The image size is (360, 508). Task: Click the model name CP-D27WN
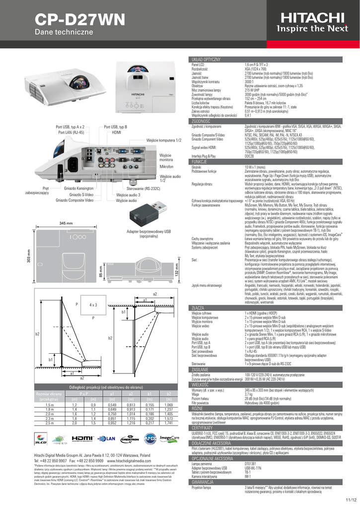click(x=72, y=20)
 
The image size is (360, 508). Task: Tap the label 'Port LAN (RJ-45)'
click(x=71, y=132)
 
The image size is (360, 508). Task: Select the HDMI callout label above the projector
click(x=117, y=132)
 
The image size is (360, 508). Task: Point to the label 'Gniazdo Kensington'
click(x=79, y=189)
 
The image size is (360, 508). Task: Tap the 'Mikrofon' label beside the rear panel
click(x=166, y=167)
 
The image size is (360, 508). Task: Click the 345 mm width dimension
click(x=66, y=224)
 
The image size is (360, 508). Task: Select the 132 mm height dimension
click(x=177, y=271)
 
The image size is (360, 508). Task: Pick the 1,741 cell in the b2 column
click(x=166, y=423)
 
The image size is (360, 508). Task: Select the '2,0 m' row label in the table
click(x=49, y=414)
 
